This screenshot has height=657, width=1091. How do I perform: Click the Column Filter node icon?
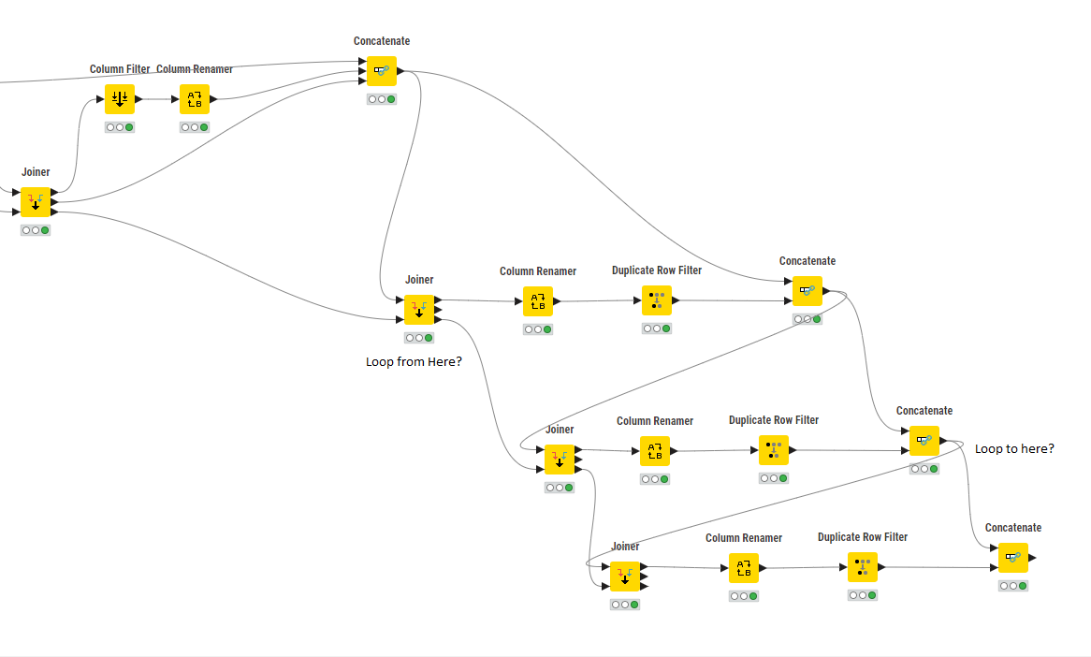[120, 99]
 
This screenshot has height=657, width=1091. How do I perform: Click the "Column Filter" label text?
[120, 69]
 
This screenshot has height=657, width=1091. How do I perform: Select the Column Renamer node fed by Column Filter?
[195, 99]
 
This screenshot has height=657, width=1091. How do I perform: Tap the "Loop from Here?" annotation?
[414, 361]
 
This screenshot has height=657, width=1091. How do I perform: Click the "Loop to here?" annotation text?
[1014, 448]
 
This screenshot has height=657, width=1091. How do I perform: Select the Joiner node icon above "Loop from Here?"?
[419, 310]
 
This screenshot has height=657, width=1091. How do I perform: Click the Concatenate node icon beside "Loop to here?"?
[924, 441]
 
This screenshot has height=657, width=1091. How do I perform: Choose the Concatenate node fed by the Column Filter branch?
[382, 71]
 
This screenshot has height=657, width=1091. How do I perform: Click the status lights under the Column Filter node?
[120, 127]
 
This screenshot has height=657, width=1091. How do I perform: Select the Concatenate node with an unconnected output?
[1013, 558]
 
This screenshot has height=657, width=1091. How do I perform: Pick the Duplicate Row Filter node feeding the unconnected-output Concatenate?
[863, 567]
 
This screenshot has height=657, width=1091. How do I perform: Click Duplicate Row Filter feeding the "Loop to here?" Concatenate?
[774, 450]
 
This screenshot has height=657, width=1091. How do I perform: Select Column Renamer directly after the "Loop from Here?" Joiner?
[538, 301]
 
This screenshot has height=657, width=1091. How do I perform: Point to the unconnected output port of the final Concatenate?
[1032, 558]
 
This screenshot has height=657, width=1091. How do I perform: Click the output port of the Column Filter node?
[138, 99]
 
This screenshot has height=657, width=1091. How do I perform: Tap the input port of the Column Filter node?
[102, 99]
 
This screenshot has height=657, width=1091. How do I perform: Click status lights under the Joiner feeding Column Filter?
[36, 230]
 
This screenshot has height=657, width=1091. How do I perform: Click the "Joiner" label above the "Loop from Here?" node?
[419, 280]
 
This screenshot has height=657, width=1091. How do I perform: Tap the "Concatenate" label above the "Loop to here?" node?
[924, 411]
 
